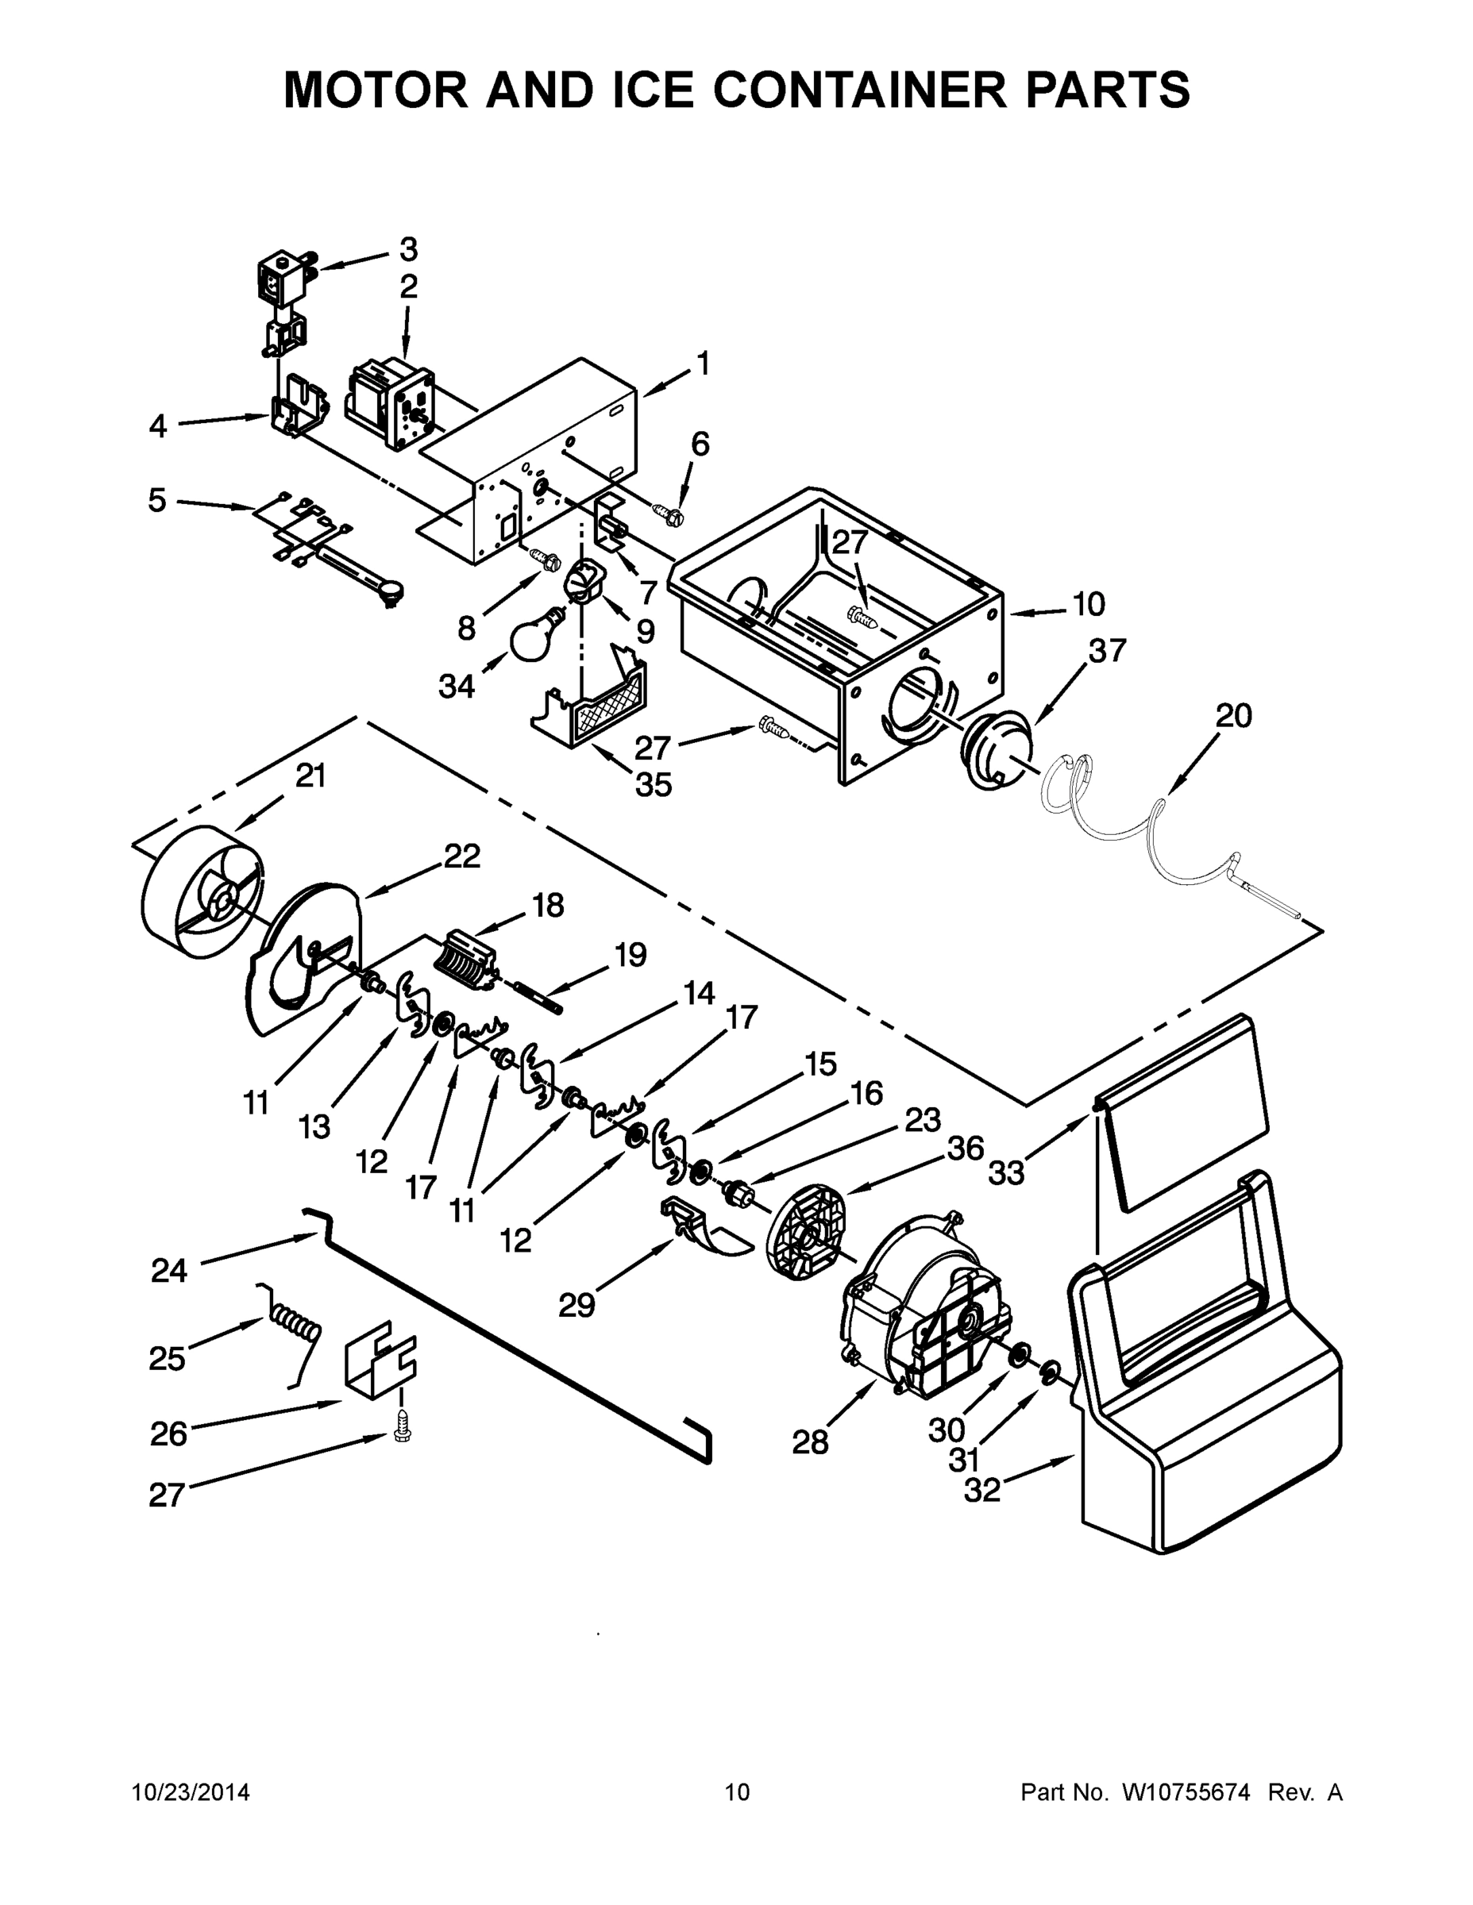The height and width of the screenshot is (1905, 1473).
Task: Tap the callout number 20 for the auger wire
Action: pos(1233,716)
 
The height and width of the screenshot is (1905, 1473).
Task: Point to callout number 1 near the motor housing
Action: pos(703,363)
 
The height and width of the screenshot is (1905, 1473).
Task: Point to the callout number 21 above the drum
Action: pos(310,775)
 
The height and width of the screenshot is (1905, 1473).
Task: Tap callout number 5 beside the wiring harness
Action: pos(157,501)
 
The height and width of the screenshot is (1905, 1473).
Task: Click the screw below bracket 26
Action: pos(403,1429)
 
